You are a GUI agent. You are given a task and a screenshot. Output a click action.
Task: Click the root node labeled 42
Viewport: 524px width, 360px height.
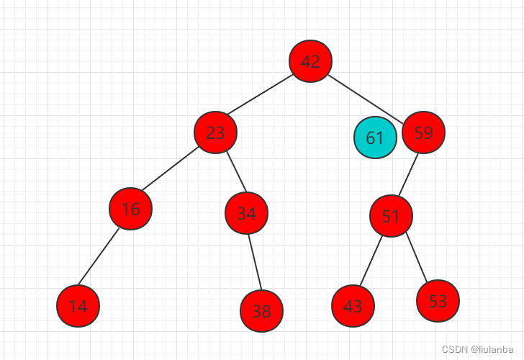coord(310,61)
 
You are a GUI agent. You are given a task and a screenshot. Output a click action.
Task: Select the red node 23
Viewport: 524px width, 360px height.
coord(215,132)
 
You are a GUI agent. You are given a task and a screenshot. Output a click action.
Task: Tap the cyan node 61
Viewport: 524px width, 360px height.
coord(375,138)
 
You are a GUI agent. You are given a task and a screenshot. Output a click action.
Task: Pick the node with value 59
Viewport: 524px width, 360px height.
coord(423,132)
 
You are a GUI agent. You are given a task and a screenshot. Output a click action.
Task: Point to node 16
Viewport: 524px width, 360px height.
coord(130,209)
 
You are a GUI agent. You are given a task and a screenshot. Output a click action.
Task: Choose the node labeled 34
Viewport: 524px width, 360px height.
coord(246,213)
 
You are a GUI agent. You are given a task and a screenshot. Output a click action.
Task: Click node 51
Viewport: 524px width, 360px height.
coord(391,216)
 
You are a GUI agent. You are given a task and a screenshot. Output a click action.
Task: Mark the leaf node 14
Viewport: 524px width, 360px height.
coord(78,306)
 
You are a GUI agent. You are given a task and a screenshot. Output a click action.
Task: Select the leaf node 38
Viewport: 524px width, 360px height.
coord(261,311)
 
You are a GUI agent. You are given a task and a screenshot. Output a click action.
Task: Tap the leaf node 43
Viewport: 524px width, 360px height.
coord(353,306)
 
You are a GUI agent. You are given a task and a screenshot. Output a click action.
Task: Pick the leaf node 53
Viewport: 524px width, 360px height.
coord(438,301)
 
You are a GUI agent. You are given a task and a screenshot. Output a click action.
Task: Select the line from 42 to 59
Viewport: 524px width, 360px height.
coord(367,96)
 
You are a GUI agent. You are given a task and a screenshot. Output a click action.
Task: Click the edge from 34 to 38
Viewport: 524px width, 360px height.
coord(254,262)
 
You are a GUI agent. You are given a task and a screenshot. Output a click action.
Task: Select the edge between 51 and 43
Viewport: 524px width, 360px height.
coord(371,261)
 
